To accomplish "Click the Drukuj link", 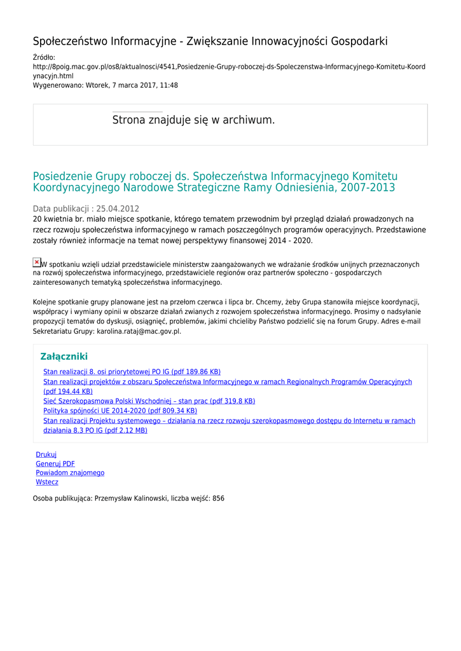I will click(46, 455).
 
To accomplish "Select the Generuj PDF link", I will click(55, 464).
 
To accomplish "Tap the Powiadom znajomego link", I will click(70, 473).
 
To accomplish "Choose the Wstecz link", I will click(47, 483).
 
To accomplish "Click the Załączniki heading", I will click(64, 357).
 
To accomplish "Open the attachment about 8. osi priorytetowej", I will click(132, 372).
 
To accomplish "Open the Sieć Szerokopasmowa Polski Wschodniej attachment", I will click(149, 401).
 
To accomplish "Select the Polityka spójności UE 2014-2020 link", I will click(120, 411).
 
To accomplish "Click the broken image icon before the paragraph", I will click(37, 263).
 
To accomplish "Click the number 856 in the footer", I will click(218, 498).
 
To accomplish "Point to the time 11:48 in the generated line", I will click(169, 85).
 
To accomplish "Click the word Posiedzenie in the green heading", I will click(62, 176).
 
